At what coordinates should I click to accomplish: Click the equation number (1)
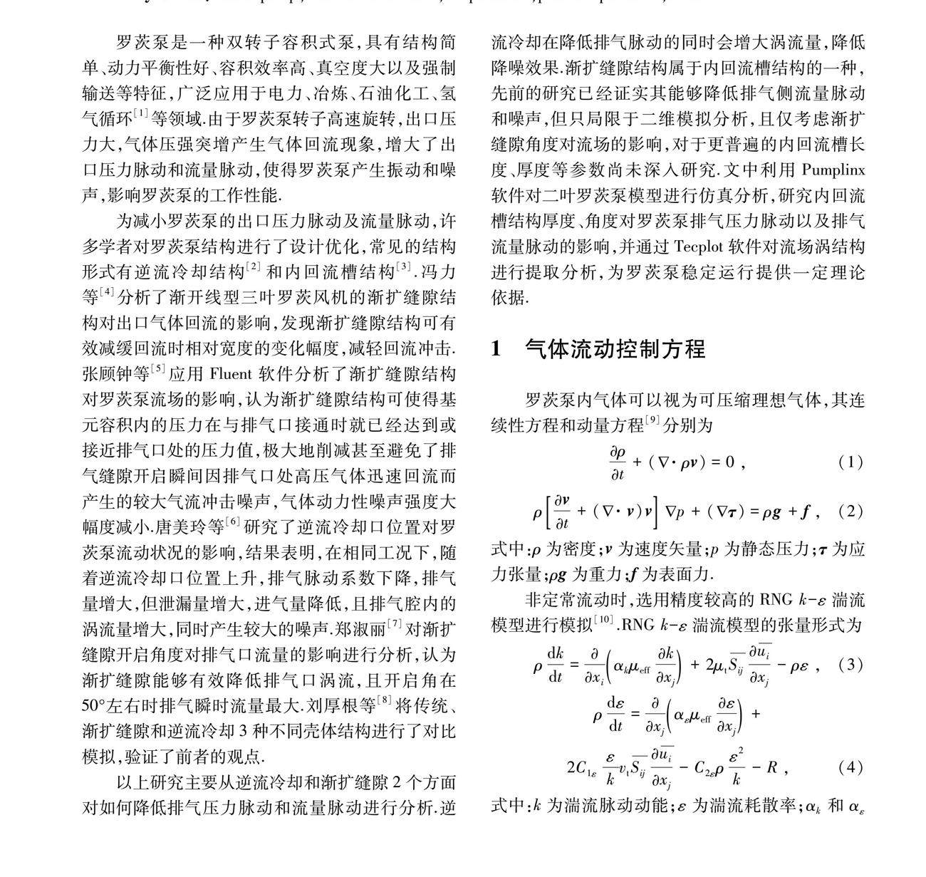tap(850, 462)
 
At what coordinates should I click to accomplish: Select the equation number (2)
tap(850, 511)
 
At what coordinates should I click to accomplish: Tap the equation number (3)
tap(850, 665)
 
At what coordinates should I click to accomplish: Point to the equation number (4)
tap(850, 767)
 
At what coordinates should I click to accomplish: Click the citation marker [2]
tap(254, 268)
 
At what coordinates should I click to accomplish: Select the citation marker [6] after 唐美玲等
tap(233, 522)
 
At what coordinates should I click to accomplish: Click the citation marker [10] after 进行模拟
tap(604, 621)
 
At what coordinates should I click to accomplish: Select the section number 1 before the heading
tap(498, 349)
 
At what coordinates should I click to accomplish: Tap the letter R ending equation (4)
tap(771, 767)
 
